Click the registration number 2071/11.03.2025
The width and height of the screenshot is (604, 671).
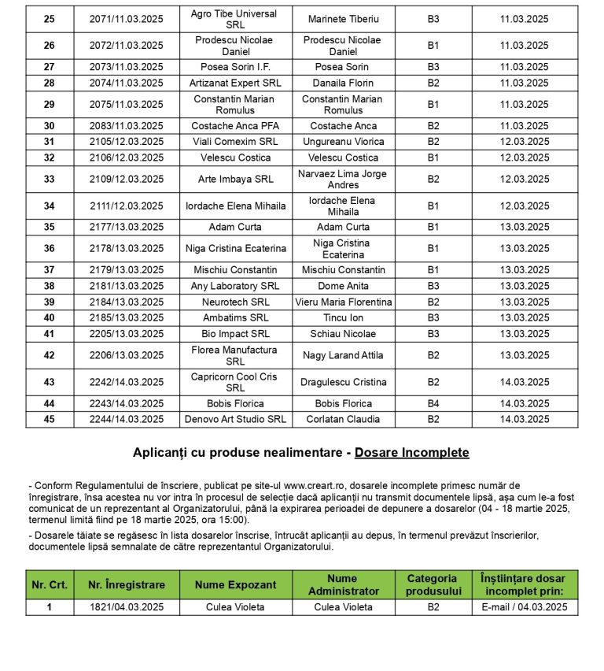[126, 19]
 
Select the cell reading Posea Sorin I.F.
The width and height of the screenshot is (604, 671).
[235, 67]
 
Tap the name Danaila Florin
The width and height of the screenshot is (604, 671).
[343, 83]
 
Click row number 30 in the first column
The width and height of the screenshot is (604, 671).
[50, 126]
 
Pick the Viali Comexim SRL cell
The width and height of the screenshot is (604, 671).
[235, 142]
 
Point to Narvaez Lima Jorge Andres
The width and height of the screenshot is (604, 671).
[343, 179]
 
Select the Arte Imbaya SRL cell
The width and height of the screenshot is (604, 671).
[235, 179]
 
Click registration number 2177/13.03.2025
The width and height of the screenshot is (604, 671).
[126, 228]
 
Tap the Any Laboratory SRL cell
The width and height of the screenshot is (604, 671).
[235, 286]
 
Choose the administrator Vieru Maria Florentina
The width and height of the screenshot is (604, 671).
[343, 302]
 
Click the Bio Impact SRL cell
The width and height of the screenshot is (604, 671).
[235, 334]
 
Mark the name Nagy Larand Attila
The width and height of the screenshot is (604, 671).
[343, 355]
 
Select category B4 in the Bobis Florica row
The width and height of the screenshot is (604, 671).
[433, 404]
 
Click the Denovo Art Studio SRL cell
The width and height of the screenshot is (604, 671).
[235, 420]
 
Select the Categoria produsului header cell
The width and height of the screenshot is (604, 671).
[433, 585]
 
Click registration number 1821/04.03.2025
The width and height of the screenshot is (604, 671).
[126, 607]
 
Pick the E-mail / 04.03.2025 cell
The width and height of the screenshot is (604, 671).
[525, 607]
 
